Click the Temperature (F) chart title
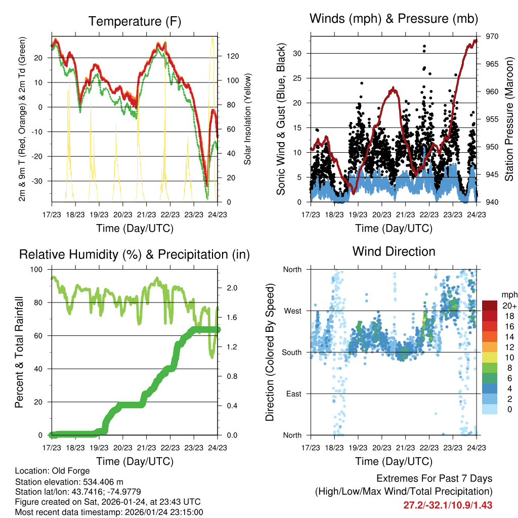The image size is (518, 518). (x=135, y=21)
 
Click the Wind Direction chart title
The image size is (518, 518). (x=394, y=251)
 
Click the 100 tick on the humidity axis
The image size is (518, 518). (x=37, y=270)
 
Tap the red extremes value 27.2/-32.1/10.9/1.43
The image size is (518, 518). (x=448, y=505)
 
